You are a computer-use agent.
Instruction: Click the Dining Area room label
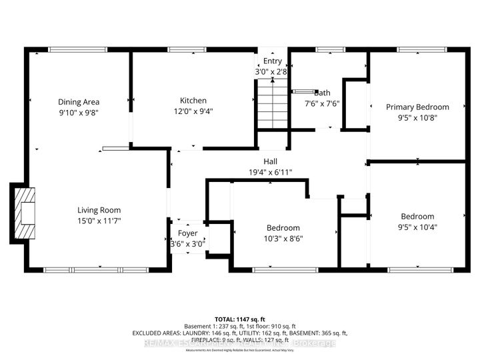pyautogui.click(x=79, y=102)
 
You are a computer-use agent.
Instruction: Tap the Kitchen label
pyautogui.click(x=192, y=101)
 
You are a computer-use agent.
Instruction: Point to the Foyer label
pyautogui.click(x=187, y=233)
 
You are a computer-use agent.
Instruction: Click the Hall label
pyautogui.click(x=271, y=161)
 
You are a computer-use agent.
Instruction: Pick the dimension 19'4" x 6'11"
pyautogui.click(x=271, y=172)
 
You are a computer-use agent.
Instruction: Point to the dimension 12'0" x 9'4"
pyautogui.click(x=192, y=111)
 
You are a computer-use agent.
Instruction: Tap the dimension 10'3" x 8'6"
pyautogui.click(x=284, y=238)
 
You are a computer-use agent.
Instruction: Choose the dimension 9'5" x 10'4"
pyautogui.click(x=417, y=227)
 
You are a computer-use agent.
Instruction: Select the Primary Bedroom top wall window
pyautogui.click(x=417, y=49)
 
